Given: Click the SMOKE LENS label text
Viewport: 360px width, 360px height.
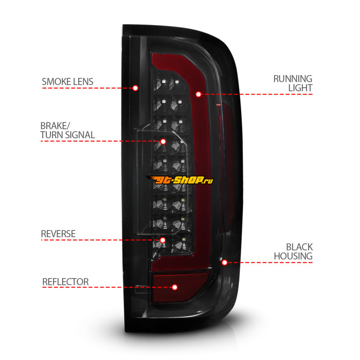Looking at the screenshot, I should pos(67,81).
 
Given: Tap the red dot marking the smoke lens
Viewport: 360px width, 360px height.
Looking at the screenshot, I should pos(135,88).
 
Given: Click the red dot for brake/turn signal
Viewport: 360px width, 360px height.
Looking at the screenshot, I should pos(163,141).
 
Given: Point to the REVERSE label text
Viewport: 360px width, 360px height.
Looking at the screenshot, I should pos(58,234).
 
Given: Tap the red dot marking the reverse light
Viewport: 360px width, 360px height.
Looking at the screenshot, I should pos(162,240).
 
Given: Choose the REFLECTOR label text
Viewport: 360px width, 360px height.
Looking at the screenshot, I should pos(65,282).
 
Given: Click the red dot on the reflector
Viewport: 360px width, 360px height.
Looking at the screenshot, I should pos(175,287).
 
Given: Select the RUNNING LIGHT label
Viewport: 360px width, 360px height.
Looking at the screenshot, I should pos(292,83).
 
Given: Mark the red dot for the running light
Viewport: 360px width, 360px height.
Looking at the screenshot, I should pos(198,94).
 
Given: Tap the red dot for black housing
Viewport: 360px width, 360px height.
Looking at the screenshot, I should pos(225,262).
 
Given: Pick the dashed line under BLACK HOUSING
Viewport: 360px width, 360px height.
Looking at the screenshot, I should pos(270,262).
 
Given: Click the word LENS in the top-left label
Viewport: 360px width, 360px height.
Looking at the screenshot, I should pos(83,81).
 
